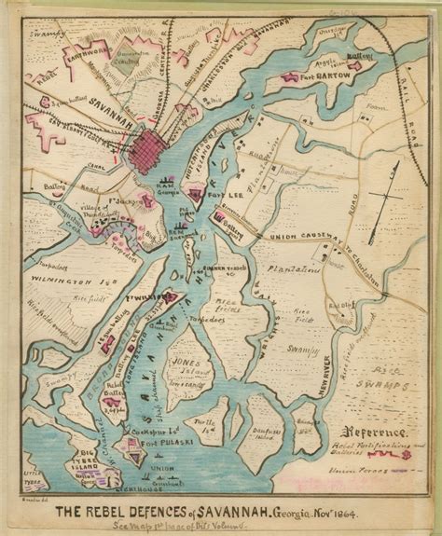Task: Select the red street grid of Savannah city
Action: pyautogui.click(x=148, y=151)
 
